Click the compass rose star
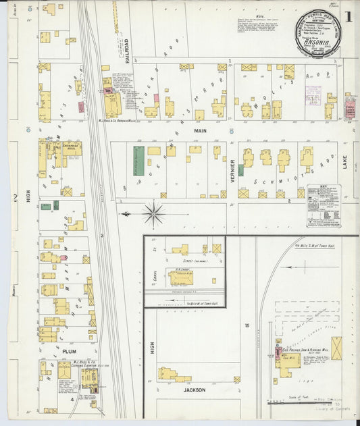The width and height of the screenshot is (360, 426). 154,215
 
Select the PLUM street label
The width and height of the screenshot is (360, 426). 70,352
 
